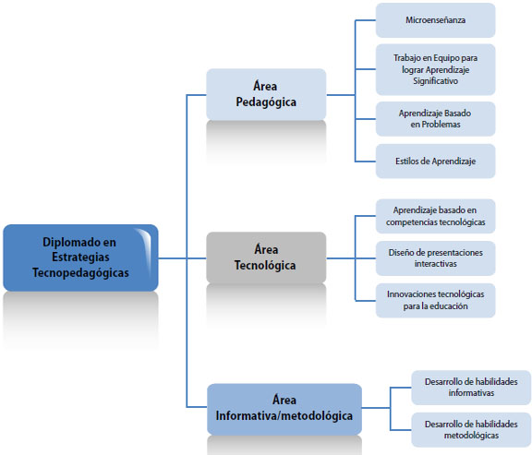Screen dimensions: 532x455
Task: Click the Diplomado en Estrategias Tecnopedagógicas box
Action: (80, 257)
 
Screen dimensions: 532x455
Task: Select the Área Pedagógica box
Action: (266, 94)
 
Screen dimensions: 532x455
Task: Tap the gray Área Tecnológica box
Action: (266, 257)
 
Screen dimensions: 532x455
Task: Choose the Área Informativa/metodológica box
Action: (284, 409)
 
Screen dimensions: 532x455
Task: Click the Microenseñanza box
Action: (436, 20)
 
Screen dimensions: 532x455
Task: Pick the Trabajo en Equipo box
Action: (436, 69)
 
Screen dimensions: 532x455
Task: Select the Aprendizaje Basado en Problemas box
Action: (436, 119)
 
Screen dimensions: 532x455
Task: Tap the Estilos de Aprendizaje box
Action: (436, 161)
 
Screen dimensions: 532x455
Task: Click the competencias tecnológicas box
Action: (436, 216)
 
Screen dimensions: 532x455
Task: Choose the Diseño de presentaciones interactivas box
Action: (436, 258)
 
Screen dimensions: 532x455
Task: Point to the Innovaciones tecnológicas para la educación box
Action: (436, 300)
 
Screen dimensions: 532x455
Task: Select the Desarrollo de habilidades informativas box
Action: (471, 388)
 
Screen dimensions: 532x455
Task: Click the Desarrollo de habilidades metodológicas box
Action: (471, 429)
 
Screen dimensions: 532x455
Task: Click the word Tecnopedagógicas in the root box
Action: (80, 273)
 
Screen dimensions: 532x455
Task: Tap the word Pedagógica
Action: (266, 102)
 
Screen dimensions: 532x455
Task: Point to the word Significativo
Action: (436, 81)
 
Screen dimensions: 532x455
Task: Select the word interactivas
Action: (436, 264)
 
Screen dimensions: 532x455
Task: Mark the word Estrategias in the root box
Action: (80, 257)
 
